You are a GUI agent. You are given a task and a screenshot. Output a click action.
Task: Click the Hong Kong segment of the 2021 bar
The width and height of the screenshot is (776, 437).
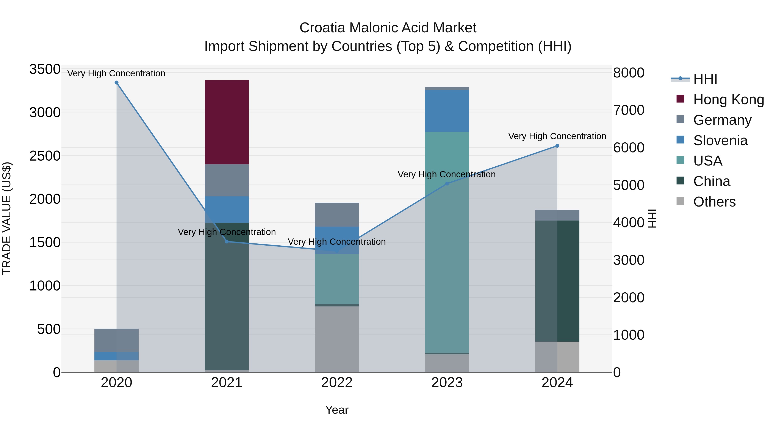[x=227, y=122]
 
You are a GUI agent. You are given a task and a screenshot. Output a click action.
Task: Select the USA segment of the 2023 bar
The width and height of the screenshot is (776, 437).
[x=447, y=241]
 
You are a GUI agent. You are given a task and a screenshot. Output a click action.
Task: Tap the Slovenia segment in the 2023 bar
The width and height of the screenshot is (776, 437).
[x=447, y=111]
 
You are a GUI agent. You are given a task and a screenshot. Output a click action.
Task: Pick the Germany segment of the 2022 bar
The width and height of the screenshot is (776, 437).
[x=337, y=215]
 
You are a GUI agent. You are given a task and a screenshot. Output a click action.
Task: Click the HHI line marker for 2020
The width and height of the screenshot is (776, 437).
[x=117, y=83]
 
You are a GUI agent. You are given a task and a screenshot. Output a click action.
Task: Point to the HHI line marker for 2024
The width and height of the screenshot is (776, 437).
[x=557, y=146]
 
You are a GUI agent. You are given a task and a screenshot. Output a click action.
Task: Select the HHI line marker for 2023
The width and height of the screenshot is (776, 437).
[x=447, y=184]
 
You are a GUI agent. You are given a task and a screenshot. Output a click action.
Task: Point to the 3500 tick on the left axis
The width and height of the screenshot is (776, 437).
[x=45, y=69]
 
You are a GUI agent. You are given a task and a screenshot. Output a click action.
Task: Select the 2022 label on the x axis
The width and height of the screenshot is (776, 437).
[x=337, y=383]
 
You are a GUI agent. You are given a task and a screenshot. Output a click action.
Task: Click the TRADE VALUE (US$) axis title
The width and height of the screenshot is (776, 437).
[x=7, y=218]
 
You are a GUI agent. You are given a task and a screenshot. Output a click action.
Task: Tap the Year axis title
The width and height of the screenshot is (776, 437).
[x=337, y=410]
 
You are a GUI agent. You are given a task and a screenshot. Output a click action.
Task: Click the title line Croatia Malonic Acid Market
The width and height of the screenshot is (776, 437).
[x=388, y=28]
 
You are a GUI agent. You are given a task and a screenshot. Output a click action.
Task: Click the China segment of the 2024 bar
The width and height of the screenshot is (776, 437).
[x=557, y=281]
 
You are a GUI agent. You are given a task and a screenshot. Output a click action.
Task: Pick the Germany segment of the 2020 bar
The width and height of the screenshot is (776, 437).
[x=117, y=340]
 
